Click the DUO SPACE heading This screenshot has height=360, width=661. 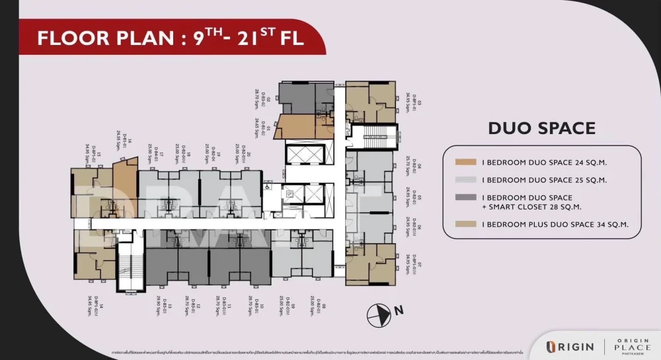tap(541, 128)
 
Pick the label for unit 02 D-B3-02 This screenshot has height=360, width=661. tap(259, 99)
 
